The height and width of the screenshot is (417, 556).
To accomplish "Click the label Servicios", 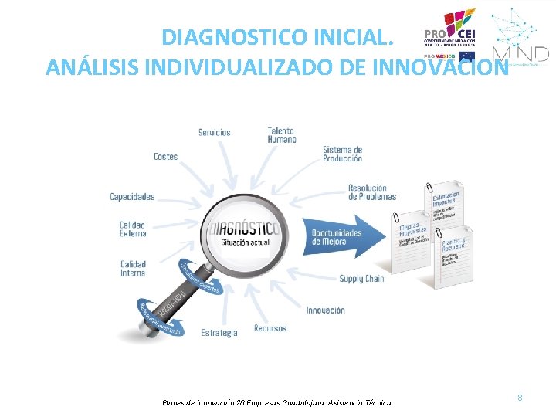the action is coord(214,132).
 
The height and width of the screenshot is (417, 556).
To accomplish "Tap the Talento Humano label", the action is coord(282,135).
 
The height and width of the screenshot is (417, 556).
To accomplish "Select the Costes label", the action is coord(165,156).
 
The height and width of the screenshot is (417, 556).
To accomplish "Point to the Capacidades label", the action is coord(132,197).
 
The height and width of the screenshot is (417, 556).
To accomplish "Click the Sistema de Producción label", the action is coord(342,154).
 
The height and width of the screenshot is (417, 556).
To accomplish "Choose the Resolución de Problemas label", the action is coord(371,192).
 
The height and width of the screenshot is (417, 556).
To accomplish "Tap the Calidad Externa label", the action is coord(132,229).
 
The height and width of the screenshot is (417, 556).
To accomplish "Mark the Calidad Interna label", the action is coord(133,268).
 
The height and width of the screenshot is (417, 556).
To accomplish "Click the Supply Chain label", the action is coord(361,279).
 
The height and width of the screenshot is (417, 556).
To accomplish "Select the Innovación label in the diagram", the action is coord(326,310).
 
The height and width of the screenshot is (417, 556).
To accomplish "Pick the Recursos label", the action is coord(270,328).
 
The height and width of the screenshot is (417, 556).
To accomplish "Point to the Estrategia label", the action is coord(219,333).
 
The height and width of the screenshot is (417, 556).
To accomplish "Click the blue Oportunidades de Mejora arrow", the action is coord(344,237).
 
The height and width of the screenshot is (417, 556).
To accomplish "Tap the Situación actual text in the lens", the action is coord(245,242).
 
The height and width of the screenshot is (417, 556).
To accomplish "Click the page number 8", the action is coord(520,398).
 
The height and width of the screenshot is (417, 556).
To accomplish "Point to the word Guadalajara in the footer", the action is coord(307,402).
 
